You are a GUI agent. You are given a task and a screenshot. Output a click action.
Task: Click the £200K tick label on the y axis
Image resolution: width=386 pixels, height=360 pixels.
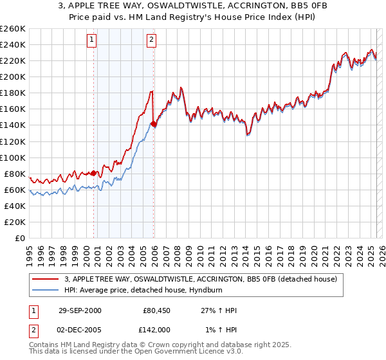13,76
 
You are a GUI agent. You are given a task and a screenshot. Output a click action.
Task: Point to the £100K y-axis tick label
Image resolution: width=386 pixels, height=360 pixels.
13,157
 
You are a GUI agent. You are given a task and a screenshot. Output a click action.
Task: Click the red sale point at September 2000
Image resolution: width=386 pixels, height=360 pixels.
94,173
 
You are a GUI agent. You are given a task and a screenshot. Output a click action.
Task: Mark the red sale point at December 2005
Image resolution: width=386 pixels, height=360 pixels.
153,123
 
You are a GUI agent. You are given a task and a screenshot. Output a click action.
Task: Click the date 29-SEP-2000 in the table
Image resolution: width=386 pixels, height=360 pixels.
80,310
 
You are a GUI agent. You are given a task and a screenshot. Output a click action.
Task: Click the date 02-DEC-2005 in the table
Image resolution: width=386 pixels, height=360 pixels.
80,329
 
